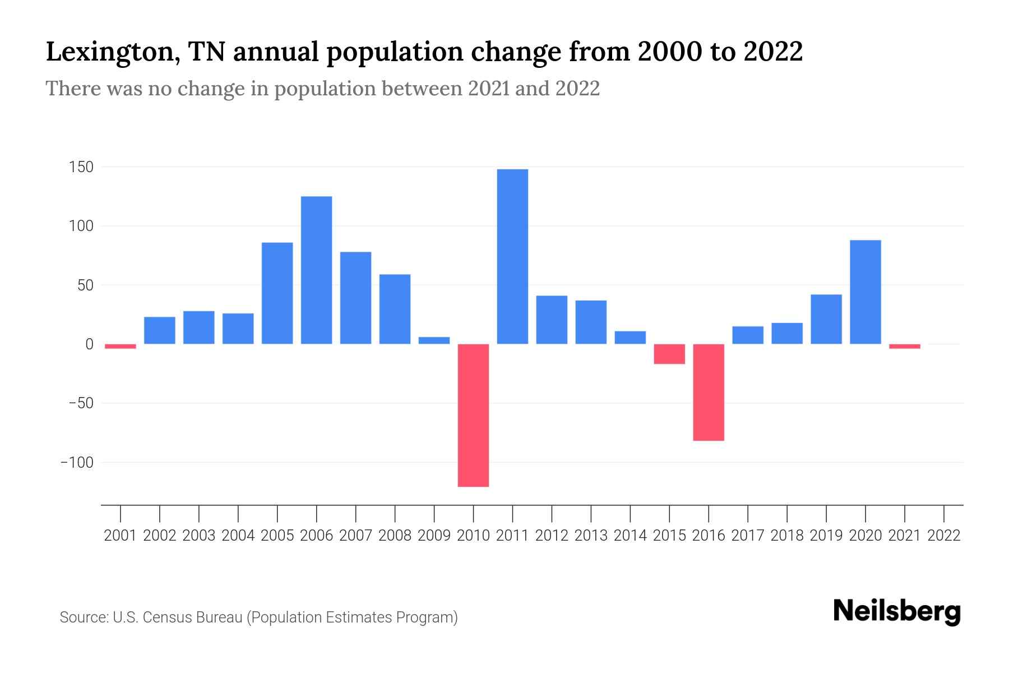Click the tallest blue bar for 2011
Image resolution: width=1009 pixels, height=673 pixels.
512,256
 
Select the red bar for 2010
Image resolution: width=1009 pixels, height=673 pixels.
473,415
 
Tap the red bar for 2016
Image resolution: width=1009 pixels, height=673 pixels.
709,392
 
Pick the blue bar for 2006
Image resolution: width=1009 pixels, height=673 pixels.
316,270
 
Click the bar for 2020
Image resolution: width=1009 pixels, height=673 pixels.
865,292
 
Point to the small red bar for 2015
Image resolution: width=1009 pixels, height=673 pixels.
669,354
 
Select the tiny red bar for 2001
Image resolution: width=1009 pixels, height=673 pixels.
121,346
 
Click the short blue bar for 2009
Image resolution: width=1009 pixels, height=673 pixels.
434,340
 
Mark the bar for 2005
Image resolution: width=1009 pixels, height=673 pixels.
277,293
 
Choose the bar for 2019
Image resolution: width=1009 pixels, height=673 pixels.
826,319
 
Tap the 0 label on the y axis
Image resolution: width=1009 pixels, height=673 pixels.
89,344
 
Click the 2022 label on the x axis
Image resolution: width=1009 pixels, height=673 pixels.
944,536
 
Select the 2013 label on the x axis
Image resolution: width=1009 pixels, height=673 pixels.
591,536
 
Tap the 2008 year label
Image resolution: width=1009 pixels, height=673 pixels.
395,536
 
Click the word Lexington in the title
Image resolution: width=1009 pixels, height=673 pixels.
112,52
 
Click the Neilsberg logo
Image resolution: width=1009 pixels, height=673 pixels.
897,611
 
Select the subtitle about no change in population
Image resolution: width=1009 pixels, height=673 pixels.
322,89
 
